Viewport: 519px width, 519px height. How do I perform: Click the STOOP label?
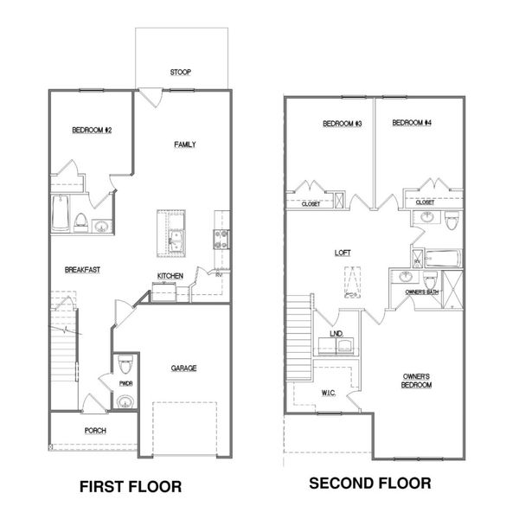coord(181,73)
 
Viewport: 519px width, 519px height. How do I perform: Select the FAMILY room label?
coord(183,144)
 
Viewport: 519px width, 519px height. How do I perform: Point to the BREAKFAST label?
coord(82,270)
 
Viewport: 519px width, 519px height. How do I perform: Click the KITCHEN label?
coord(170,276)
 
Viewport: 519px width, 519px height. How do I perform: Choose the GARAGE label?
coord(183,368)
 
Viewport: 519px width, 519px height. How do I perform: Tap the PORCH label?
coord(95,430)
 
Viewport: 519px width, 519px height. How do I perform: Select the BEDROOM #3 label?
coord(341,124)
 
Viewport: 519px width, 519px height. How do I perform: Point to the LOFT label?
coord(343,253)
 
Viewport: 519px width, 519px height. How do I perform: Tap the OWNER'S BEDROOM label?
coord(417,381)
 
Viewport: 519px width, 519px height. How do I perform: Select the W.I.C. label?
coord(304,394)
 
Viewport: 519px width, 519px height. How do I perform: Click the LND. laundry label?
coord(337,333)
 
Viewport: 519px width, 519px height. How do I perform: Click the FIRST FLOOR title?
coord(131,487)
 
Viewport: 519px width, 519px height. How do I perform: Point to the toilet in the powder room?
coord(125,359)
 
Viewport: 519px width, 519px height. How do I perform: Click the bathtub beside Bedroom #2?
coord(61,215)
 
